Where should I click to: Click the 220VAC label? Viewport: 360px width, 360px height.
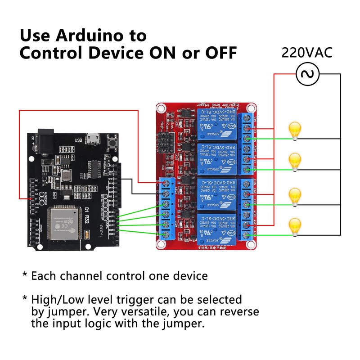pyautogui.click(x=307, y=52)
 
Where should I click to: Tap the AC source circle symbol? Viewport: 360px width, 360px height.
pyautogui.click(x=307, y=74)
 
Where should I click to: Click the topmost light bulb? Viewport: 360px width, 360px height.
pyautogui.click(x=294, y=130)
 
